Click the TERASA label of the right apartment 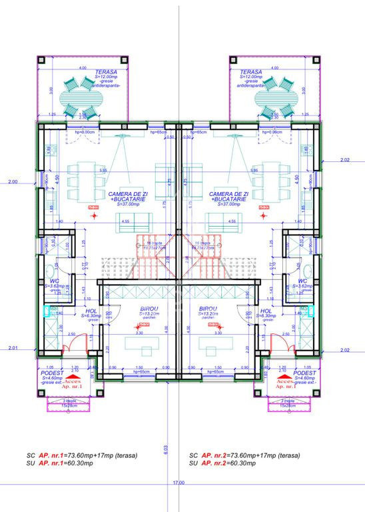(250, 72)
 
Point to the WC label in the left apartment (55, 281)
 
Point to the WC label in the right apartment (303, 281)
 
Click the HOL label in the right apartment (266, 311)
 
